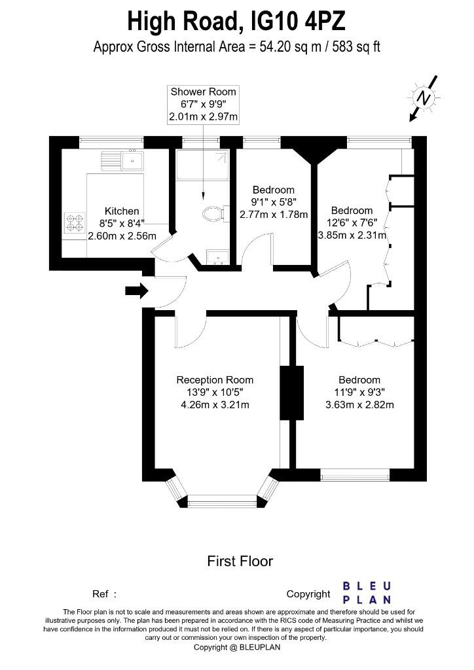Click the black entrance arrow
136,291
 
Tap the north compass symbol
425,99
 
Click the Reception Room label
215,380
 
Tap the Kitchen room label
122,211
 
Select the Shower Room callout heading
203,92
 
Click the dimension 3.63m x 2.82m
359,405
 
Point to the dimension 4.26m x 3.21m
215,405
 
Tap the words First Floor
240,561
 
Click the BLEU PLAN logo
367,592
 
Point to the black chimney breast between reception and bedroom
291,393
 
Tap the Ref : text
104,594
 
